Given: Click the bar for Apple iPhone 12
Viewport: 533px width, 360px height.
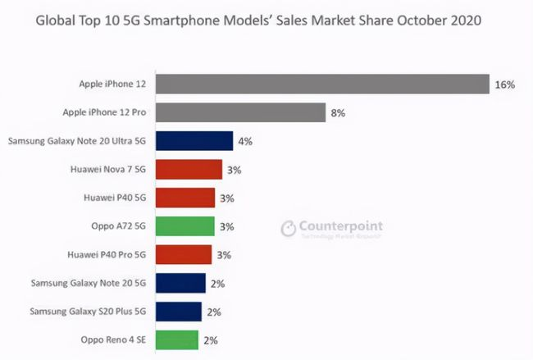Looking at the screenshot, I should [320, 84].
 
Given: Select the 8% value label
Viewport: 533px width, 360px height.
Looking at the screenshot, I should [338, 113].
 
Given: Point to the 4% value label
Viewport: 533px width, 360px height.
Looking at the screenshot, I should [244, 141].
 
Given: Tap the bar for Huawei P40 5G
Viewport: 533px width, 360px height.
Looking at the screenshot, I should [185, 198].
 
